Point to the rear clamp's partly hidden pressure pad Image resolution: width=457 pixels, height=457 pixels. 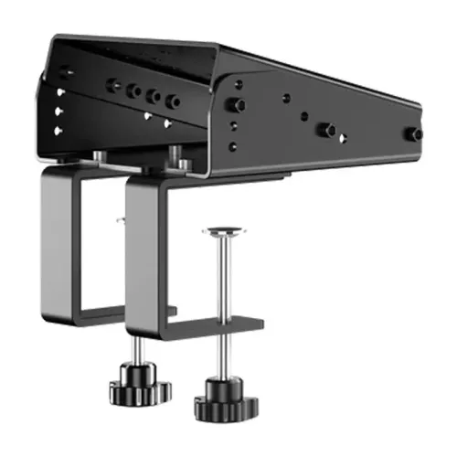[x=121, y=218]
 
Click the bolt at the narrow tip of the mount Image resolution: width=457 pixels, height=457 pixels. [x=415, y=134]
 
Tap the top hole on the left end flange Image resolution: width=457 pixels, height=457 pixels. [x=59, y=91]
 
